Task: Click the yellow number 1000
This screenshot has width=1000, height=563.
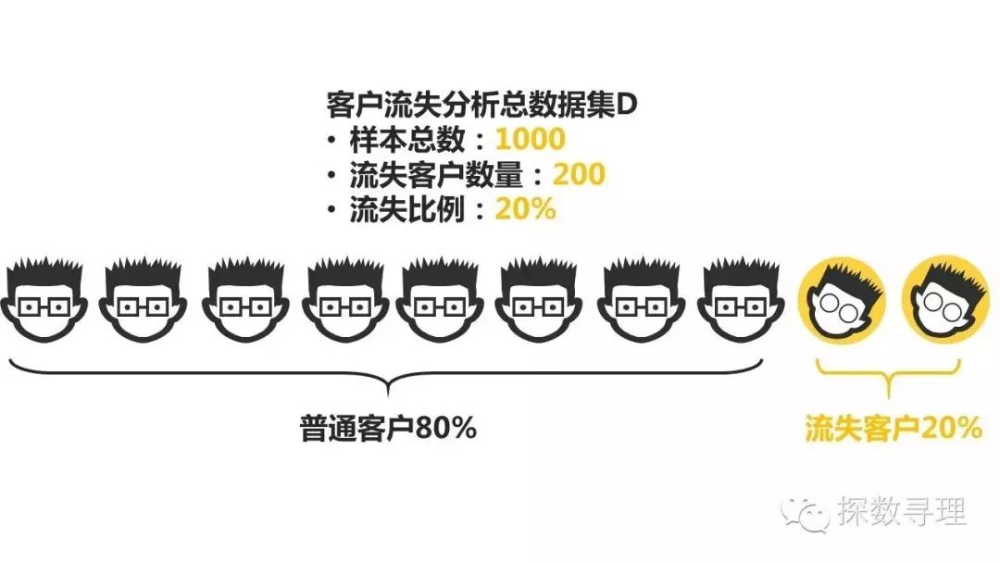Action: click(x=530, y=140)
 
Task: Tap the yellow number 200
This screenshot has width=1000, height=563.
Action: click(x=579, y=174)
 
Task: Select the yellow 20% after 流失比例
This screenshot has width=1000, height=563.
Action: click(x=525, y=208)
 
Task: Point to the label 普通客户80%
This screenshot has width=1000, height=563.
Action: click(x=388, y=429)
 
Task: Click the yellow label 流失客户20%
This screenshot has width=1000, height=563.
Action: click(x=893, y=429)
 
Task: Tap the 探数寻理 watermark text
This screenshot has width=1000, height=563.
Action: click(x=902, y=512)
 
